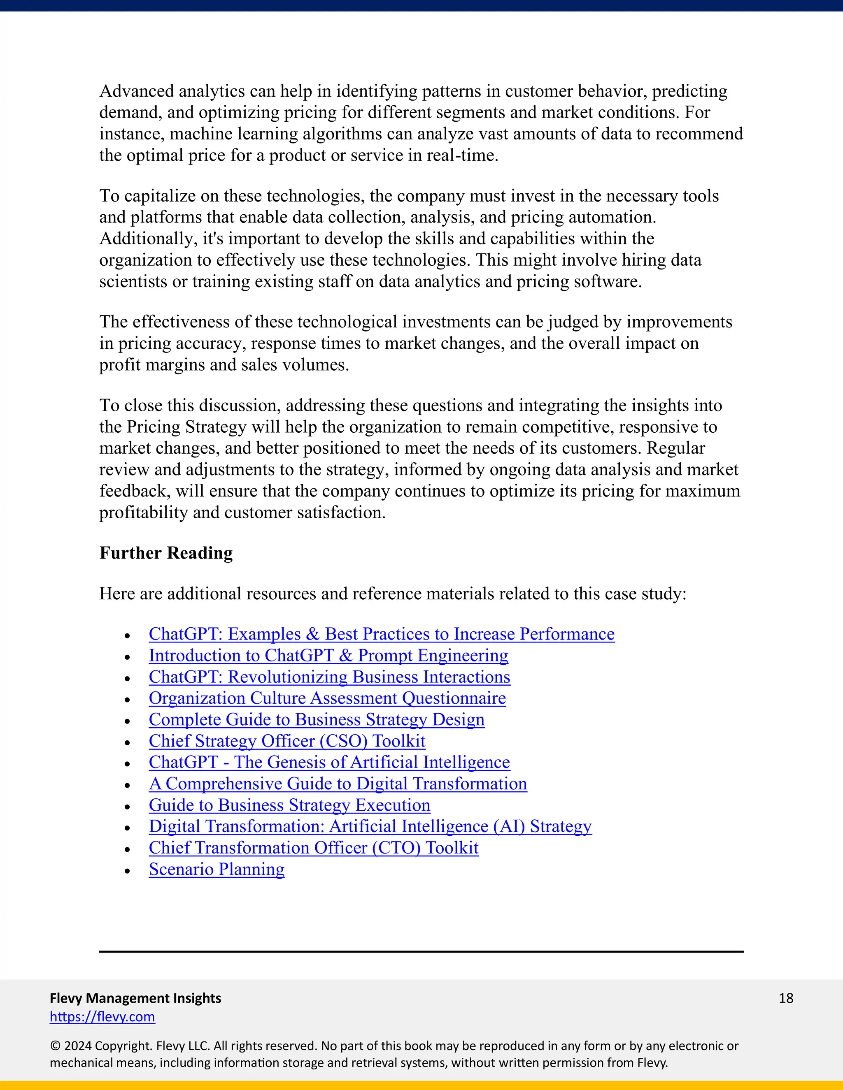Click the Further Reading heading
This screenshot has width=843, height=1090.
(166, 553)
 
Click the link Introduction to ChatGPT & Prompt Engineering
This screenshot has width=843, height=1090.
(328, 655)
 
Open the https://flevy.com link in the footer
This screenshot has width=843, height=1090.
(102, 1017)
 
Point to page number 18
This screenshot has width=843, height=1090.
(785, 998)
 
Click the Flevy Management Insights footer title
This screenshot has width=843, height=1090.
(135, 998)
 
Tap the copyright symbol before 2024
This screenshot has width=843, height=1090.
(55, 1046)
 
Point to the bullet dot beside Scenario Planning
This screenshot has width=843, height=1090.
(127, 871)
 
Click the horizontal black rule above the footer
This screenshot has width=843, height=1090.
(421, 952)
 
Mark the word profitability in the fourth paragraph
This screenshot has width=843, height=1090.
(143, 513)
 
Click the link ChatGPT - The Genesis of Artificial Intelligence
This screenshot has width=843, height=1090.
(329, 762)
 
